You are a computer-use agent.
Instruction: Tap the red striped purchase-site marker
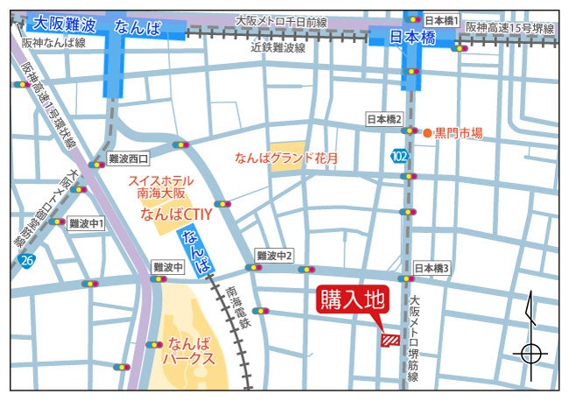point(390,340)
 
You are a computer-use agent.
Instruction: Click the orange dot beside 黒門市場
point(427,133)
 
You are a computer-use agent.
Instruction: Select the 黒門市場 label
point(459,133)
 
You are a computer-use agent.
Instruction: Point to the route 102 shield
point(399,156)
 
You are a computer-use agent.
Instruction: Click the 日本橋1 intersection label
point(440,19)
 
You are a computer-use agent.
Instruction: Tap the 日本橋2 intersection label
point(383,119)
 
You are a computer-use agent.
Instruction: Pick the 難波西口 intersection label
point(128,158)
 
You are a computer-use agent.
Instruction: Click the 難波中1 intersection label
point(87,223)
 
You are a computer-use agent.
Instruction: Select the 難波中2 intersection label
point(274,255)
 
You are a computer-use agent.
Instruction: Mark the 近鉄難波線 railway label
point(277,48)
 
